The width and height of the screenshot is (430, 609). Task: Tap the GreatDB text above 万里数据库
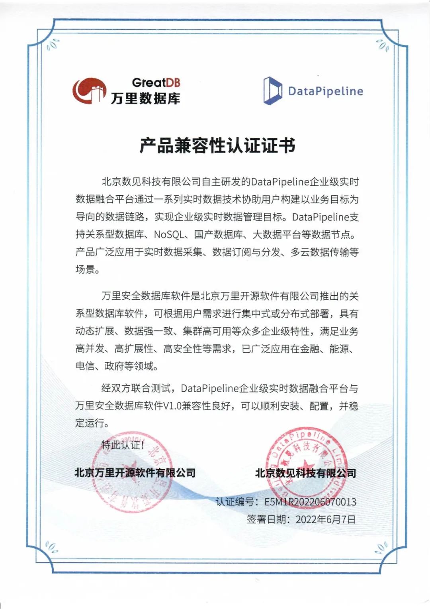point(156,83)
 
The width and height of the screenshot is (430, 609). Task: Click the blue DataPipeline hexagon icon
point(272,91)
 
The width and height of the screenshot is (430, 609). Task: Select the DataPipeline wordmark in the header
point(325,91)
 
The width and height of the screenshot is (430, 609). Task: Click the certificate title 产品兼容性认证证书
point(217,145)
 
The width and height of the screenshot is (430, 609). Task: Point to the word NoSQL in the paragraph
point(168,234)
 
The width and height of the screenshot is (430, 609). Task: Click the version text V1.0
point(172,406)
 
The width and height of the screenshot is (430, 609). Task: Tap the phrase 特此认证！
point(123,445)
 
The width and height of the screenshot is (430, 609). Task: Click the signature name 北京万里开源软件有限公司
point(135,473)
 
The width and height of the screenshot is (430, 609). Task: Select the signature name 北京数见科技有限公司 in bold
point(305,473)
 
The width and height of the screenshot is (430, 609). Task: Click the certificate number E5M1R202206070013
point(310,502)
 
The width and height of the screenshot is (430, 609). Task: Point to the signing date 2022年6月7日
point(325,519)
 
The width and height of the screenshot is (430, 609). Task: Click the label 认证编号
point(235,502)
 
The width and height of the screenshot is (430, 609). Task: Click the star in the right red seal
point(306,465)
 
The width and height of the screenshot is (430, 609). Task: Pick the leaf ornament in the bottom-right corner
point(382,548)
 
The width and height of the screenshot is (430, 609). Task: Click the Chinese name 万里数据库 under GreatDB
point(145,98)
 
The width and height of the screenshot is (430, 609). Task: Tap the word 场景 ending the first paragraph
point(85,269)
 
